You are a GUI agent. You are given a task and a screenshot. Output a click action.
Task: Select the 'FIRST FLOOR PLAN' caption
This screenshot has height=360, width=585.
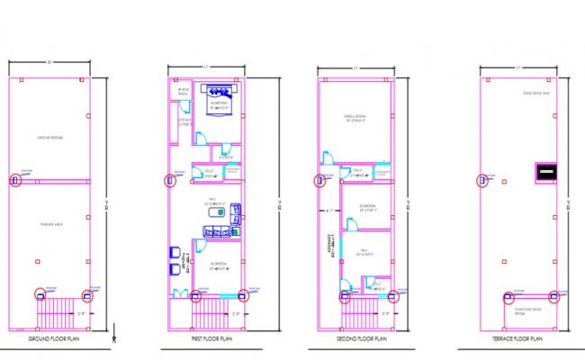click(210, 338)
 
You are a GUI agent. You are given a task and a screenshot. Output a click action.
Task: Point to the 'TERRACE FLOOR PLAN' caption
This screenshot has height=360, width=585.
click(518, 338)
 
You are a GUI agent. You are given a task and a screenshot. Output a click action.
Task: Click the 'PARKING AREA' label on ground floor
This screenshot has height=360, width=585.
click(50, 224)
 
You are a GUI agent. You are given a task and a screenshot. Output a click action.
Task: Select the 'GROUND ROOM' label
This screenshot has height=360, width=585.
click(50, 138)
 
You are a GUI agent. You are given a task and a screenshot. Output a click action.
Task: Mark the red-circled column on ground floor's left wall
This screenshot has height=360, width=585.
click(14, 180)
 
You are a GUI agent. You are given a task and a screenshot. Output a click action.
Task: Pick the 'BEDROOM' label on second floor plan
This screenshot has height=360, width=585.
click(368, 206)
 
